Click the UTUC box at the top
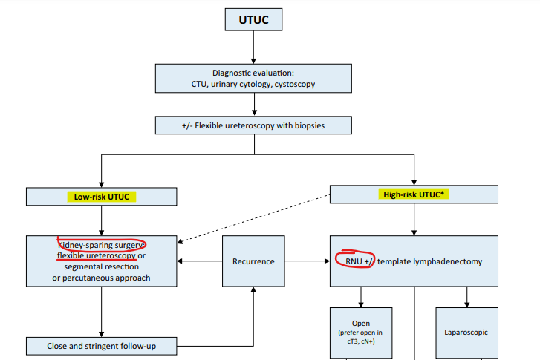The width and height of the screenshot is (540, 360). (x=253, y=19)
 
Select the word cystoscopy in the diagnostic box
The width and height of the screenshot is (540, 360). (x=295, y=85)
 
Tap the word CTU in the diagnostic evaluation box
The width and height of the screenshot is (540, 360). (x=199, y=85)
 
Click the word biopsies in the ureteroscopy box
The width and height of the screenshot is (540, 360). (x=310, y=125)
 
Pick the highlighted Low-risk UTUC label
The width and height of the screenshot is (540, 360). (x=102, y=197)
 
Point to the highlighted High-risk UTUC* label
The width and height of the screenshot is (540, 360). (x=414, y=194)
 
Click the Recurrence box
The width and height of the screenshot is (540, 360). (x=253, y=261)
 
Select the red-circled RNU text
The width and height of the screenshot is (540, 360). (x=354, y=261)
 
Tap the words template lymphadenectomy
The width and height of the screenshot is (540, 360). (x=430, y=261)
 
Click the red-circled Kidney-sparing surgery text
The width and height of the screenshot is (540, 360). (x=101, y=245)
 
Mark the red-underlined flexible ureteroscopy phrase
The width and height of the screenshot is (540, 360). (x=97, y=256)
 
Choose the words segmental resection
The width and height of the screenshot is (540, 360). (x=101, y=266)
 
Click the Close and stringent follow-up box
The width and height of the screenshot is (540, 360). (x=102, y=346)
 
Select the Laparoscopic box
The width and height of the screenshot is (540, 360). (x=466, y=333)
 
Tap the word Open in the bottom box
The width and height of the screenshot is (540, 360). (x=361, y=324)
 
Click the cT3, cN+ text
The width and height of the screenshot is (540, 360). (x=361, y=341)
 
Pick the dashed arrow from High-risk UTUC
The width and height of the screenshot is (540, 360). (x=253, y=219)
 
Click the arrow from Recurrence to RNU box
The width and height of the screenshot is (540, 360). (x=308, y=261)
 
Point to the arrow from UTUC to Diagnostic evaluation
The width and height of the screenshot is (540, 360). (x=253, y=48)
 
